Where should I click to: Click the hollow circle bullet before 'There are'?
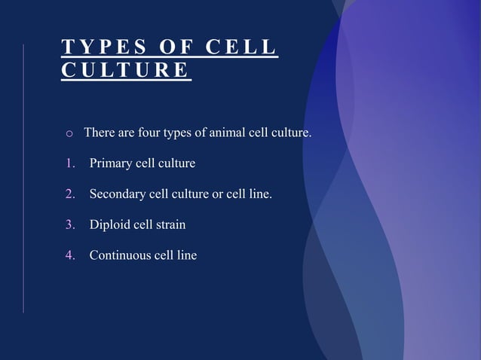click(x=69, y=134)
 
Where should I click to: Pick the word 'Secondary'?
click(x=119, y=195)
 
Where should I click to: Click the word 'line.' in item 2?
click(x=259, y=195)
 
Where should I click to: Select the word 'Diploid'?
click(x=110, y=225)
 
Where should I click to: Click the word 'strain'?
click(x=170, y=225)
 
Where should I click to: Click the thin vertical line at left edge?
click(x=23, y=178)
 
